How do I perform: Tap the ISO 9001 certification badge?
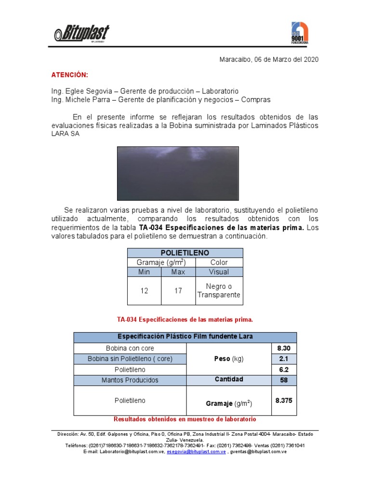[299, 33]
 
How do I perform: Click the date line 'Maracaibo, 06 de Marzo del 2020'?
[269, 59]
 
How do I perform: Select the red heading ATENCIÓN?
[70, 75]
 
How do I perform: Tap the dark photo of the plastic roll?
[178, 173]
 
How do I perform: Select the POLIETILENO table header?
[185, 253]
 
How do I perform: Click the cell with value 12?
[144, 291]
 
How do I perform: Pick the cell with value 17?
[178, 291]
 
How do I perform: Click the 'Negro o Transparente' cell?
[219, 291]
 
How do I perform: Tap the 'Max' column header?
[178, 272]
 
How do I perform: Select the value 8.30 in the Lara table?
[284, 348]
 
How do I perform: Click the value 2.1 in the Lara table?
[284, 359]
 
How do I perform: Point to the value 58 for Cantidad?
[284, 380]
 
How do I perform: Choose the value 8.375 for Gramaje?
[284, 400]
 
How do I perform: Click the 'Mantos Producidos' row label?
[130, 380]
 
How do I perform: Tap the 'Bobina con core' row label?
[130, 348]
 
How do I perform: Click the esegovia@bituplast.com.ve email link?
[196, 452]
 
